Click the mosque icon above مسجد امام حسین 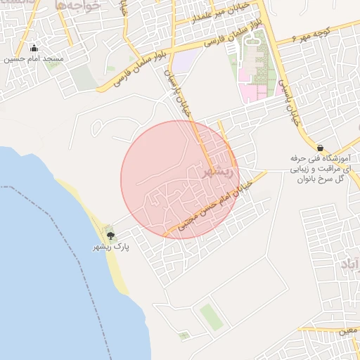pos(34,48)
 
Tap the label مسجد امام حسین pos(34,59)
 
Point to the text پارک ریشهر pos(110,247)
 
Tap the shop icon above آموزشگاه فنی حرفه pos(321,148)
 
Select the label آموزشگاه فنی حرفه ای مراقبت pos(321,169)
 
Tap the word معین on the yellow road pos(347,328)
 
